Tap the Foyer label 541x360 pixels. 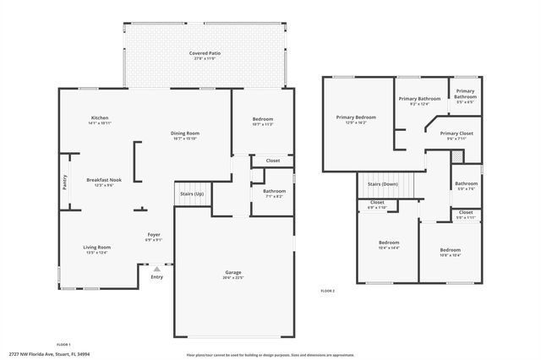pyautogui.click(x=154, y=236)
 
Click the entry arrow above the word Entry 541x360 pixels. pyautogui.click(x=156, y=269)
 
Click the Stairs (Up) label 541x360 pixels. pyautogui.click(x=192, y=194)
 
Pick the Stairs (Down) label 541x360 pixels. pyautogui.click(x=382, y=183)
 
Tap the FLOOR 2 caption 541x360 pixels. pyautogui.click(x=327, y=290)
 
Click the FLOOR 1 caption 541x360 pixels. pyautogui.click(x=63, y=345)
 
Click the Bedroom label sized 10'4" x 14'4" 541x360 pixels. pyautogui.click(x=389, y=245)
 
